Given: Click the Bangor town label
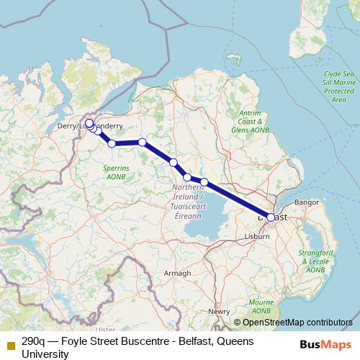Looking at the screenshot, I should pos(307,202).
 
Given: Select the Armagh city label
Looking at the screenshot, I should pos(178,273).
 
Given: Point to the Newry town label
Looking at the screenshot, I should pos(218,311).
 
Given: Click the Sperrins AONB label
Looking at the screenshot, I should pos(115,172).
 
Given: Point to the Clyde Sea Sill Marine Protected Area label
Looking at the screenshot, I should pos(338,86).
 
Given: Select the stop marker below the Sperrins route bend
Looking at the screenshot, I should pos(112,143).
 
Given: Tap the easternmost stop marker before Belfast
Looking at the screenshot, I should pos(204,181).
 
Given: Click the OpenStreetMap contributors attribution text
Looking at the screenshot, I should pos(297,323).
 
